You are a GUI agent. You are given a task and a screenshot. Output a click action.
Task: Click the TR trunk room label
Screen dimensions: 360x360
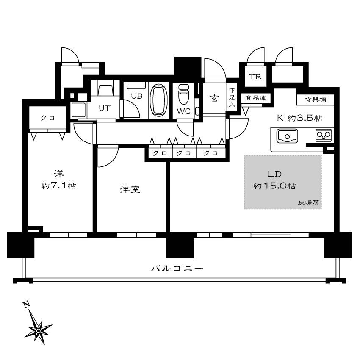coord(255,77)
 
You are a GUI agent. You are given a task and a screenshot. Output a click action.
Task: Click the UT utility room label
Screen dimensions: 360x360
coord(105,108)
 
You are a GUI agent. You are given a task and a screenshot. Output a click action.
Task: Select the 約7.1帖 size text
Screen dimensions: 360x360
coord(59,185)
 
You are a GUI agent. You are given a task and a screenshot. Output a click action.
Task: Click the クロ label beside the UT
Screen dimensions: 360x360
coord(47,118)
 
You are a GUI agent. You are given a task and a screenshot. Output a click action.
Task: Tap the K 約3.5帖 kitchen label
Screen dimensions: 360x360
coord(299,118)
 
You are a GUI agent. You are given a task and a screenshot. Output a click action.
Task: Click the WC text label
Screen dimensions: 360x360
coord(184,111)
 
